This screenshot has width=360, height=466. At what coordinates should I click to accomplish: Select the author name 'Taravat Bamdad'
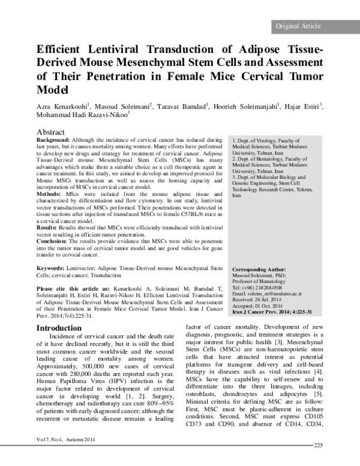point(184,106)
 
